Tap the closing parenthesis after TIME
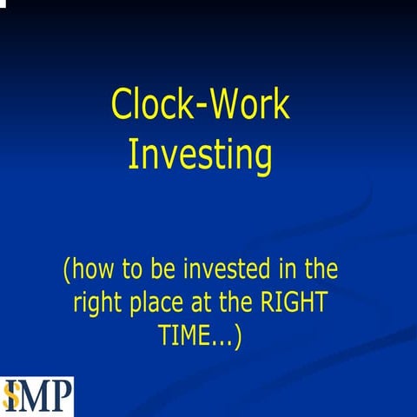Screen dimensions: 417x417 pyautogui.click(x=237, y=336)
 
